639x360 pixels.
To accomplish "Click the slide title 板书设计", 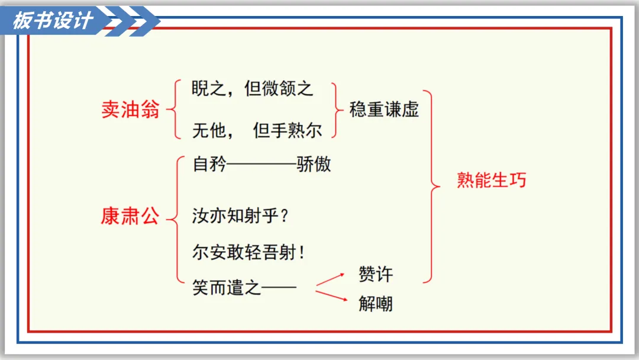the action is tap(53, 20).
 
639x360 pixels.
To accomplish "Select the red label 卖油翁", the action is tap(130, 110).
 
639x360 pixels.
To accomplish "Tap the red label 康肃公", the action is tap(130, 217).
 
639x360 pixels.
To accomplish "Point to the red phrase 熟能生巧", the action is tap(491, 180).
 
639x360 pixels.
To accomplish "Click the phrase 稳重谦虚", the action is tap(384, 110).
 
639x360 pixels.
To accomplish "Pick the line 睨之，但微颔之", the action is tap(253, 89).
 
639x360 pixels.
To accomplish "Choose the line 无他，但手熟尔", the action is tap(257, 130).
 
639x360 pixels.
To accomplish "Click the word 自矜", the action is tap(209, 164).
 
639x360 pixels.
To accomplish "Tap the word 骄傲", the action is tap(314, 164).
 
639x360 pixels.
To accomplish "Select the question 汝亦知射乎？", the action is tap(240, 216).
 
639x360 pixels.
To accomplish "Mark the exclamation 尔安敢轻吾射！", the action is tap(248, 253).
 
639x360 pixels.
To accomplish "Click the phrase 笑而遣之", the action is tap(227, 288).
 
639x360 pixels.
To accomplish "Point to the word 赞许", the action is tap(376, 274).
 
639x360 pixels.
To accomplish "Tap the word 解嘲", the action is tap(376, 304).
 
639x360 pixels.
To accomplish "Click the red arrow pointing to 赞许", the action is tap(331, 279).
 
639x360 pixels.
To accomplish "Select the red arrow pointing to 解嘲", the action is tap(331, 295).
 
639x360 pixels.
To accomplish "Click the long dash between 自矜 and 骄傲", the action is tap(262, 165).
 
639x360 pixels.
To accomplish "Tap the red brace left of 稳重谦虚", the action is tap(338, 110).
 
